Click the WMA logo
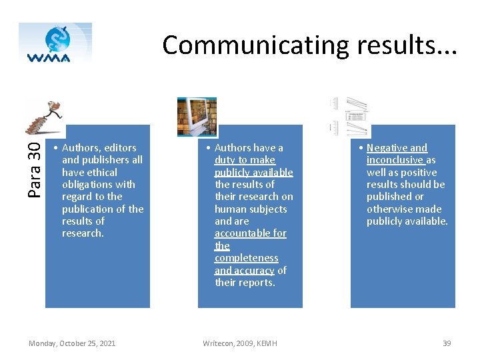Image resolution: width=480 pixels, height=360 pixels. coord(55,43)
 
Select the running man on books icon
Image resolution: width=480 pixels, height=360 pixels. coord(45,118)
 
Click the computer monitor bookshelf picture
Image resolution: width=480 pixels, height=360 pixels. coord(197,117)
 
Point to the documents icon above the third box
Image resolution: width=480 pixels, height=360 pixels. coord(349,115)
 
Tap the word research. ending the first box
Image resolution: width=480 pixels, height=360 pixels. coord(83,233)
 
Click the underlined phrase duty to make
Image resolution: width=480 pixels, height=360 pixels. coord(245,160)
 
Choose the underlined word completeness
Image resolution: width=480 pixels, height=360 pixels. coord(246,258)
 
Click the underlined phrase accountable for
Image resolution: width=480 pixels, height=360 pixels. coord(250,233)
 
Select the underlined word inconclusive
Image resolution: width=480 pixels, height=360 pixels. coord(395,160)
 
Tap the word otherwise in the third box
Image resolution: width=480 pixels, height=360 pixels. coord(389,209)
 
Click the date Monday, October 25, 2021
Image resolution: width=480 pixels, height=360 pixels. coord(72,343)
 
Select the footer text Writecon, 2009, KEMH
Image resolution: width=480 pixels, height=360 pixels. coord(240,343)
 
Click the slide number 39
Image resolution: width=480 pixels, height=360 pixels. coord(447,343)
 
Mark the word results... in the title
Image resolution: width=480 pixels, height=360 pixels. coord(404,45)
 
